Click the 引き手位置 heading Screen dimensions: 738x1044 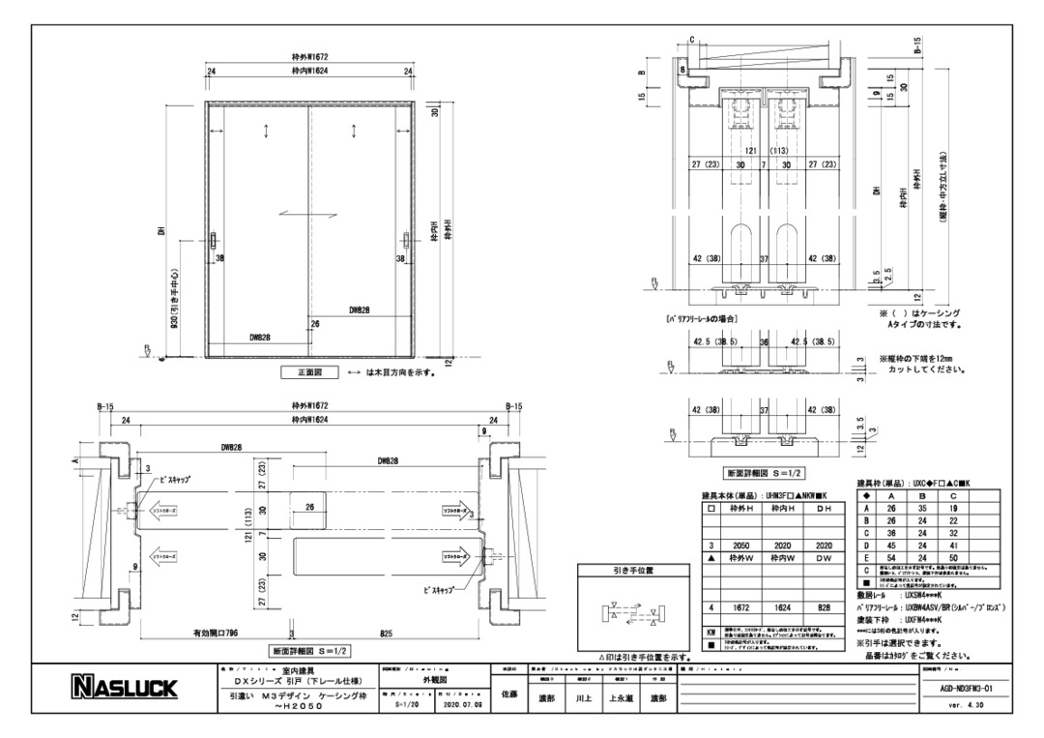click(x=633, y=572)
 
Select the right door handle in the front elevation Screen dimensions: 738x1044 click(x=406, y=244)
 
